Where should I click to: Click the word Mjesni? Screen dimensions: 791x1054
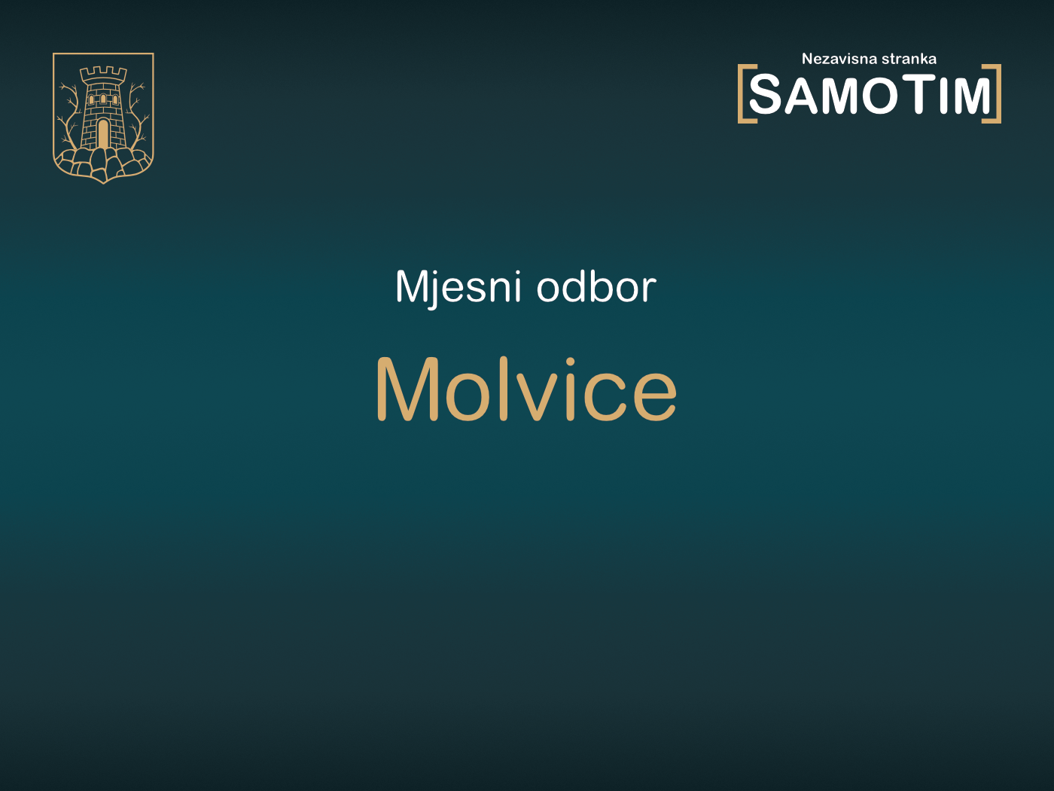[x=458, y=287]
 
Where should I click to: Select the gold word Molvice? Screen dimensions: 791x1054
[x=526, y=389]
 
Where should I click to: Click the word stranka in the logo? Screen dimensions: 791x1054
[x=909, y=59]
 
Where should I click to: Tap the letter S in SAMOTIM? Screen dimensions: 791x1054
[x=766, y=96]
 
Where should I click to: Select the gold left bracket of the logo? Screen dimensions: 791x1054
[x=743, y=93]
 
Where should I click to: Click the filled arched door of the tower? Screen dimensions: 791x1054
[x=103, y=134]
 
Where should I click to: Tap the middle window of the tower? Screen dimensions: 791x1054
[x=103, y=99]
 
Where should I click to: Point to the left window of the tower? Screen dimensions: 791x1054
[x=93, y=99]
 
